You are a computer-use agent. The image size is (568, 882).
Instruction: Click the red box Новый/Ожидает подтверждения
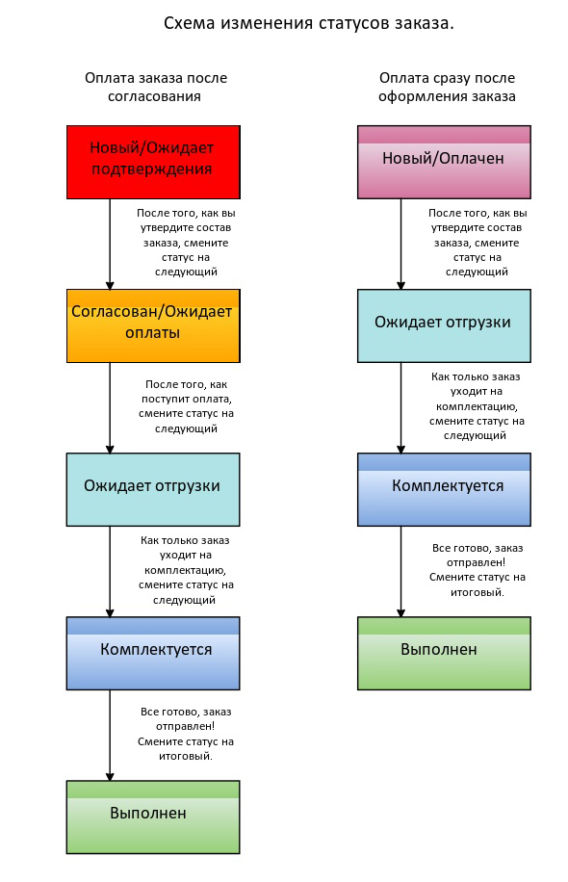pyautogui.click(x=153, y=162)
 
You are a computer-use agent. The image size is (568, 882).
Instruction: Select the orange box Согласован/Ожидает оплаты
pyautogui.click(x=153, y=325)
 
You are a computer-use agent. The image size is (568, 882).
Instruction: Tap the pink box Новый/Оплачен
pyautogui.click(x=444, y=162)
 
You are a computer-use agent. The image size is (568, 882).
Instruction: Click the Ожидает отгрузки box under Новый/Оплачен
pyautogui.click(x=444, y=325)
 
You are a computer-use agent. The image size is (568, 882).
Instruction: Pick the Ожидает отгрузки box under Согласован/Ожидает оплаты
pyautogui.click(x=153, y=489)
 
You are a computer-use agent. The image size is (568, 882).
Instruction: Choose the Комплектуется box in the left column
pyautogui.click(x=153, y=653)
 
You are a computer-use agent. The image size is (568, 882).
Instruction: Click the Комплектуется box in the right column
pyautogui.click(x=444, y=489)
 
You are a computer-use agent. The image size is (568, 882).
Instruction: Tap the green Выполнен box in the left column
pyautogui.click(x=153, y=817)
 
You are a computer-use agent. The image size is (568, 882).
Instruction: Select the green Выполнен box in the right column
pyautogui.click(x=444, y=653)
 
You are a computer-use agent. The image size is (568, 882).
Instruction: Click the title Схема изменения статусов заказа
pyautogui.click(x=309, y=23)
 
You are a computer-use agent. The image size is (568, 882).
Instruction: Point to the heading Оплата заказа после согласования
pyautogui.click(x=155, y=87)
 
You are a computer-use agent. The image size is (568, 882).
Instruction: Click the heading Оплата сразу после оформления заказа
pyautogui.click(x=447, y=87)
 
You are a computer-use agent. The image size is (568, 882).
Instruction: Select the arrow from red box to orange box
pyautogui.click(x=110, y=245)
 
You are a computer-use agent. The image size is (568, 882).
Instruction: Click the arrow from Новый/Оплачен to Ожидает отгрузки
pyautogui.click(x=401, y=245)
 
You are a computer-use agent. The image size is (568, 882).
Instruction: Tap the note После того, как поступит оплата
pyautogui.click(x=186, y=406)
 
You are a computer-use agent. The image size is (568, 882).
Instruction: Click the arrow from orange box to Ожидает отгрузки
pyautogui.click(x=110, y=408)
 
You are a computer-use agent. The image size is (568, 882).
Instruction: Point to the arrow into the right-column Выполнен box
pyautogui.click(x=401, y=572)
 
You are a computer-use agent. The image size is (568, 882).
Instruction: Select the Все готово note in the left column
pyautogui.click(x=186, y=734)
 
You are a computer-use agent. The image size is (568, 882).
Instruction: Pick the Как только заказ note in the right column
pyautogui.click(x=477, y=405)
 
